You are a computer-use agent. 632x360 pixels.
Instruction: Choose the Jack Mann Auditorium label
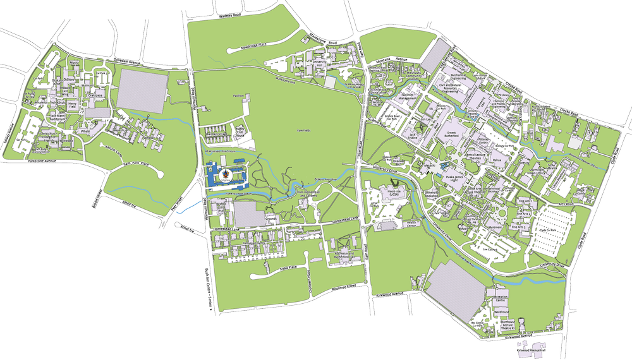(x=58, y=118)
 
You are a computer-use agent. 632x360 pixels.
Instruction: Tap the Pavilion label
(x=238, y=95)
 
